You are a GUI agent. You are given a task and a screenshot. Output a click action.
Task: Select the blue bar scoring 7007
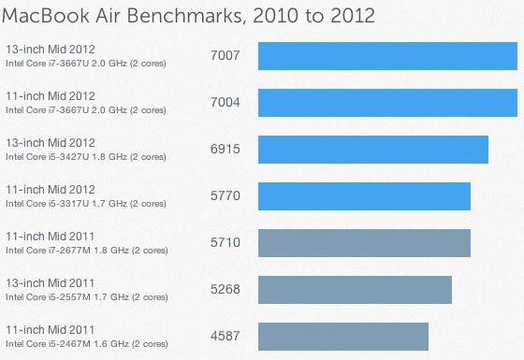pos(387,56)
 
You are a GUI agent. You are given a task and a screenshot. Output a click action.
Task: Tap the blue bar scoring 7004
pos(387,103)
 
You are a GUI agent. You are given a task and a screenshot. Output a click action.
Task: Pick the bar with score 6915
pos(372,150)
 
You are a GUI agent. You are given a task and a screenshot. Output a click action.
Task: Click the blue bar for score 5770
pos(363,196)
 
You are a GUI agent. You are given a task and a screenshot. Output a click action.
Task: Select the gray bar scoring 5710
pos(363,243)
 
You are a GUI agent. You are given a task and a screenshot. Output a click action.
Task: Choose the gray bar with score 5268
pos(355,290)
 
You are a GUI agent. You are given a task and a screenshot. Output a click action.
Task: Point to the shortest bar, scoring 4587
pos(342,337)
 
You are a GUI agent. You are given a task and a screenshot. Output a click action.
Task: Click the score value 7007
pos(226,56)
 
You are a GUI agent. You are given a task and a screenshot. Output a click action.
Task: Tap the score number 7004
pos(226,103)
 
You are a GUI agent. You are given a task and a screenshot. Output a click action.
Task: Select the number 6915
pos(226,150)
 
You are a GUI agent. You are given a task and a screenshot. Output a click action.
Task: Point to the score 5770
pos(226,196)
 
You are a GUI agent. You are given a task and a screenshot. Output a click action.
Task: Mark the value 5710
pos(226,243)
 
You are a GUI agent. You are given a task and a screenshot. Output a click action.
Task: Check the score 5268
pos(226,290)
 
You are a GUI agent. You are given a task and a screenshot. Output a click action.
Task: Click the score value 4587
pos(226,337)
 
